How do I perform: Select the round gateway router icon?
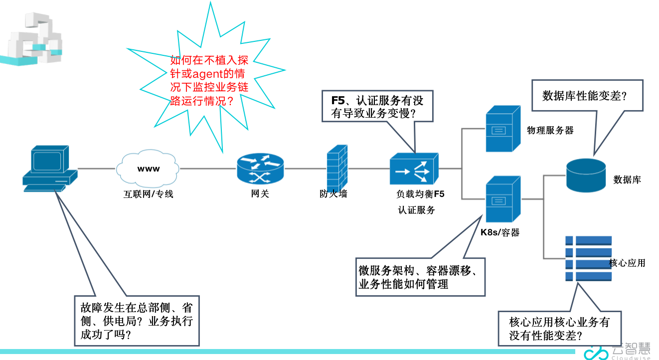click(260, 169)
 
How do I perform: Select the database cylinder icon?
click(586, 175)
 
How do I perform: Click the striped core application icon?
click(588, 258)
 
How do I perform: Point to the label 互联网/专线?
click(148, 194)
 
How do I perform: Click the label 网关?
click(260, 193)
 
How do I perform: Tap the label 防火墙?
click(333, 194)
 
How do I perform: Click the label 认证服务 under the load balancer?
click(416, 210)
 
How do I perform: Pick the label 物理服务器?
click(550, 130)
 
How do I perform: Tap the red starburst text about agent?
click(209, 80)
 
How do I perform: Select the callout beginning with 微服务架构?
click(420, 277)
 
